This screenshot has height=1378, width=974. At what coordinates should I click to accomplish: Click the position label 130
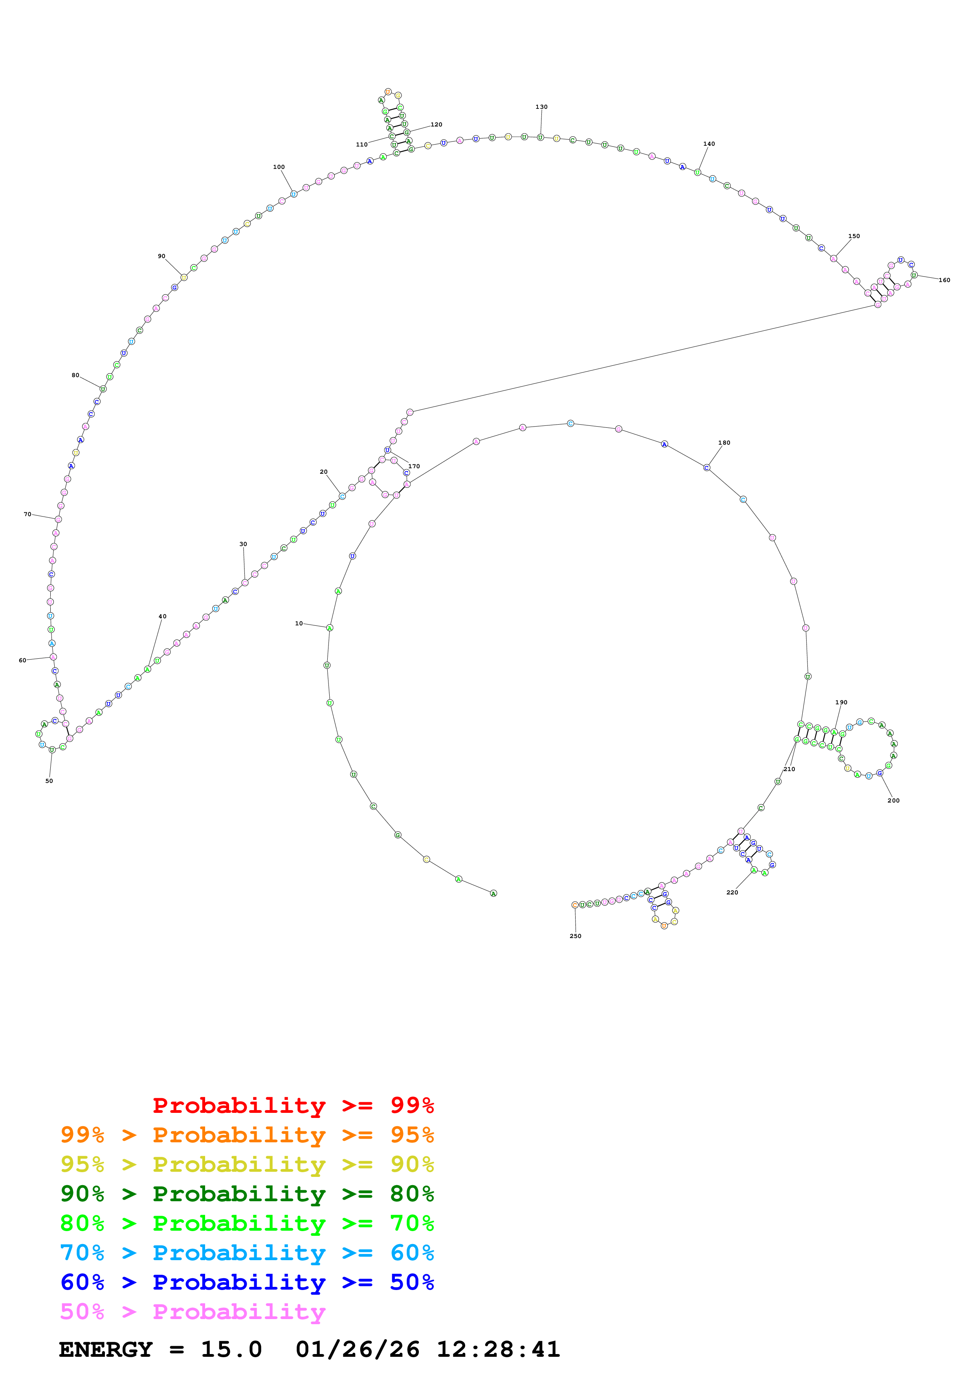(541, 107)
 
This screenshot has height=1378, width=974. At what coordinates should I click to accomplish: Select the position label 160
(944, 280)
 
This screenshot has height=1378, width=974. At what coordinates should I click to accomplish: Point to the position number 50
(49, 781)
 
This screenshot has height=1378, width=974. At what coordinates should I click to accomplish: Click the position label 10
(299, 623)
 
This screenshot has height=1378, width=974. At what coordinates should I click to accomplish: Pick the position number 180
(725, 443)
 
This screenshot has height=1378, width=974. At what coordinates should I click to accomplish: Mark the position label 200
(893, 801)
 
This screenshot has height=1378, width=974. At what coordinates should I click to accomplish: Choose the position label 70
(28, 514)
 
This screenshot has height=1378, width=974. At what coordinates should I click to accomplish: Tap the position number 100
(279, 167)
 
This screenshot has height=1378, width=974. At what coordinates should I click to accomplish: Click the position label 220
(732, 892)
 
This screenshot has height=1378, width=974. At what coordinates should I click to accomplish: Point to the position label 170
(414, 466)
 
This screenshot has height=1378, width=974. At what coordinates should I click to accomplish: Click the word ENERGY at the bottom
(106, 1350)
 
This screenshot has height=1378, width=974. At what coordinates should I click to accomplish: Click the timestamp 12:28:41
(498, 1350)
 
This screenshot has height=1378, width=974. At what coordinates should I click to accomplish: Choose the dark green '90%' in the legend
(82, 1194)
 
